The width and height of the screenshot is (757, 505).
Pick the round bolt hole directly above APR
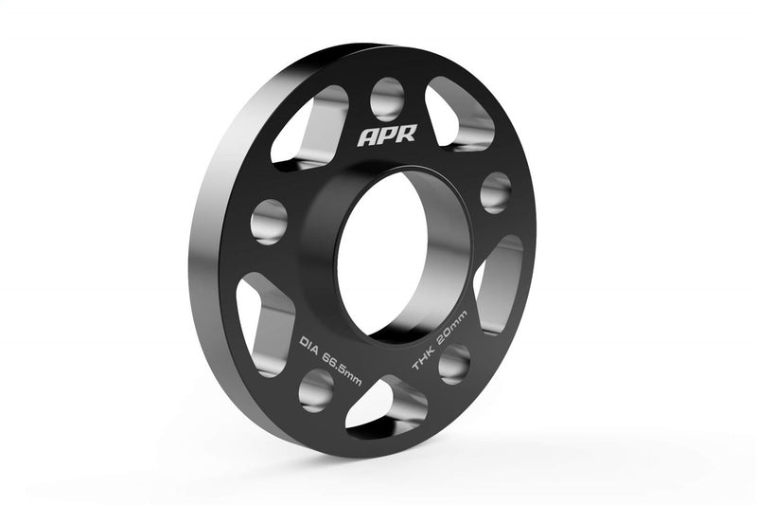click(x=387, y=97)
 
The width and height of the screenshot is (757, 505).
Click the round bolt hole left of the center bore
click(x=270, y=221)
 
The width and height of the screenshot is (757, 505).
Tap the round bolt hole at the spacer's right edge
click(x=495, y=191)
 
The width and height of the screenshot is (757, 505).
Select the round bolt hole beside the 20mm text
click(x=454, y=362)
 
